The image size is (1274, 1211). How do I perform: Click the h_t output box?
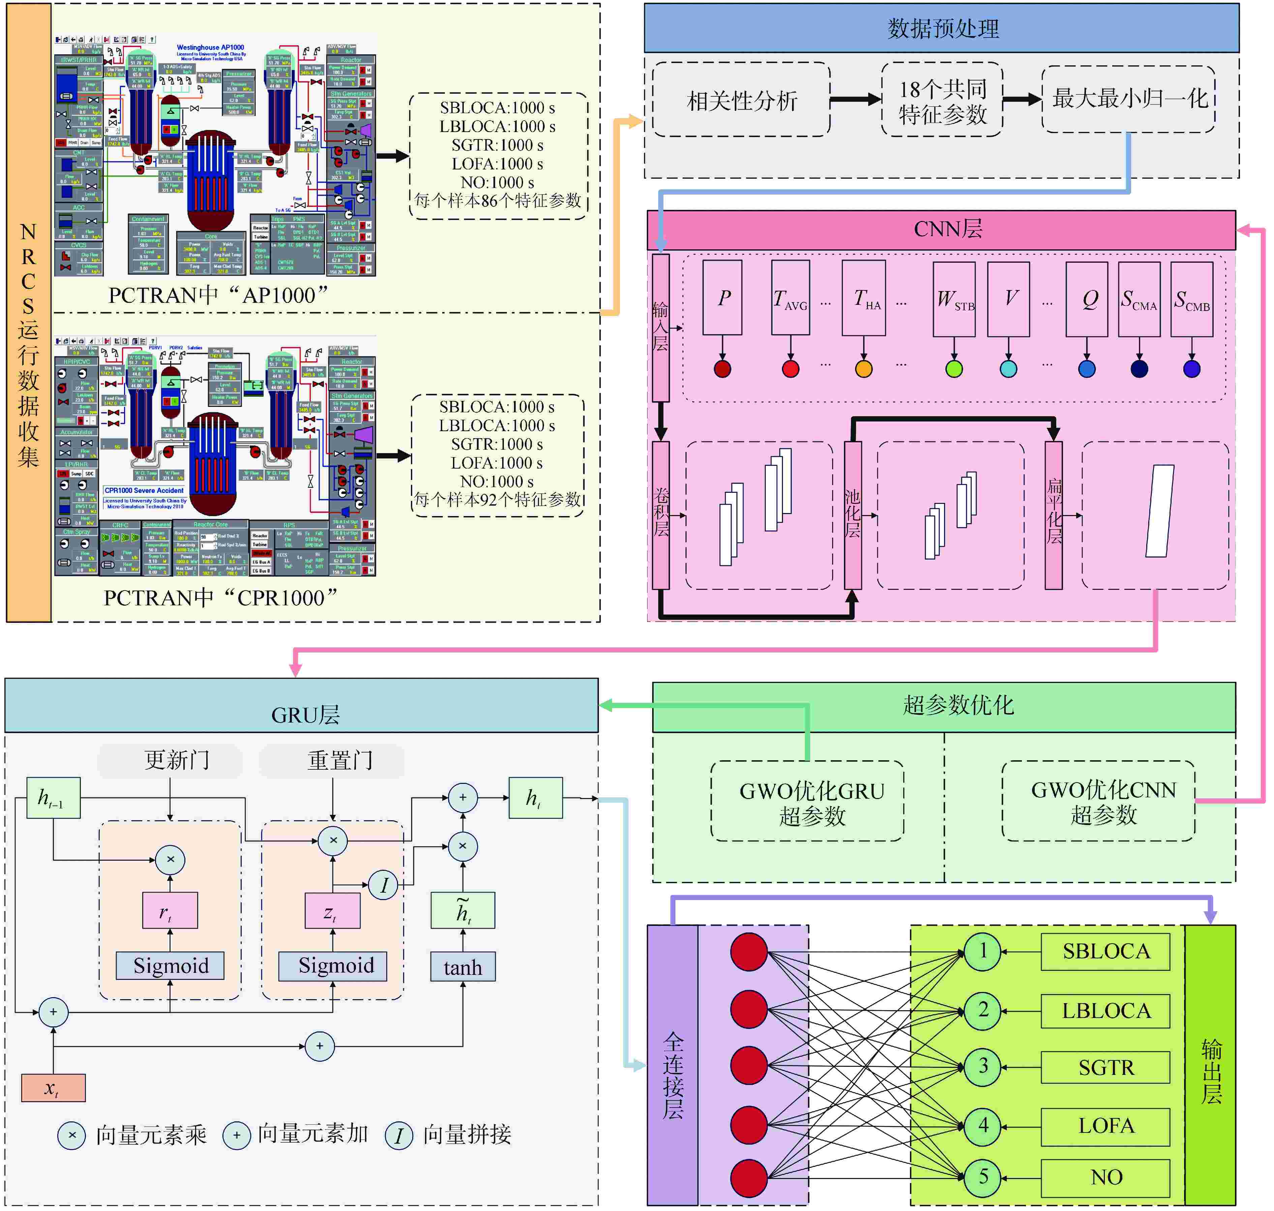click(x=535, y=798)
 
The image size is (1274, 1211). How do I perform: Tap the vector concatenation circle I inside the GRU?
click(x=384, y=884)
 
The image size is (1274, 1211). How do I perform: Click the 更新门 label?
click(x=176, y=760)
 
